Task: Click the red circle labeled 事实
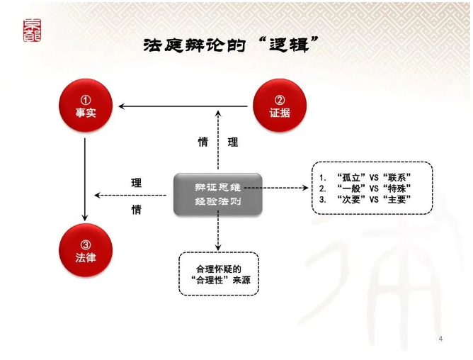pyautogui.click(x=86, y=106)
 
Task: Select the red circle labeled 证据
pyautogui.click(x=280, y=106)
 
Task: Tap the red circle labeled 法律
pyautogui.click(x=86, y=250)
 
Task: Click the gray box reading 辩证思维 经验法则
pyautogui.click(x=218, y=194)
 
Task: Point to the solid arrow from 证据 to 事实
pyautogui.click(x=183, y=106)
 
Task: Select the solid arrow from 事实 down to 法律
pyautogui.click(x=85, y=180)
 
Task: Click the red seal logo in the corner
pyautogui.click(x=32, y=30)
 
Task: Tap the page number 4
pyautogui.click(x=440, y=339)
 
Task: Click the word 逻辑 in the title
pyautogui.click(x=289, y=45)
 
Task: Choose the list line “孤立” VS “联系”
pyautogui.click(x=365, y=178)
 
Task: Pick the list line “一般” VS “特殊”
pyautogui.click(x=365, y=189)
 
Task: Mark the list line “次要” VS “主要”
pyautogui.click(x=365, y=199)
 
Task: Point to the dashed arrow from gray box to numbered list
pyautogui.click(x=276, y=188)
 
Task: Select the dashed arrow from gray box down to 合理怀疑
pyautogui.click(x=218, y=231)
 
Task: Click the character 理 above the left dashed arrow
pyautogui.click(x=137, y=183)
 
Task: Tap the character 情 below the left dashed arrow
pyautogui.click(x=137, y=209)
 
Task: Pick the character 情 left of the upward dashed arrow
pyautogui.click(x=203, y=142)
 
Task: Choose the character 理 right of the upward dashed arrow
pyautogui.click(x=233, y=142)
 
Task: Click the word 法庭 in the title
pyautogui.click(x=163, y=45)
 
